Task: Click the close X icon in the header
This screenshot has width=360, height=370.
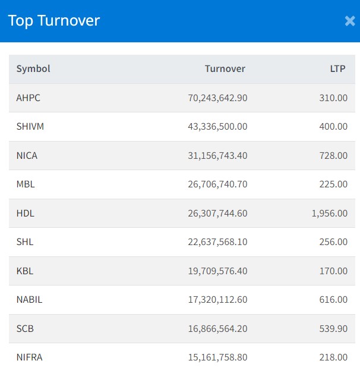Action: [x=349, y=21]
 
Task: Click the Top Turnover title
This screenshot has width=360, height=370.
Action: [x=54, y=21]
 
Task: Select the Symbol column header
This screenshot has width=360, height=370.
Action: [x=33, y=69]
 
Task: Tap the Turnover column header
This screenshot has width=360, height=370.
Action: [x=225, y=69]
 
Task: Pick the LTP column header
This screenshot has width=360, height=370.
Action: [x=337, y=69]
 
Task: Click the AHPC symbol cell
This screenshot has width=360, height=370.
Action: [x=29, y=98]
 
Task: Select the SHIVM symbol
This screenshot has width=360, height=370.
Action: [x=30, y=127]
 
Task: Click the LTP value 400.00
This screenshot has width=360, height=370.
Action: [x=333, y=127]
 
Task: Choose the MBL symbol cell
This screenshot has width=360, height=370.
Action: [x=26, y=184]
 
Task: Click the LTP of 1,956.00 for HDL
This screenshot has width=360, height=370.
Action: [x=329, y=213]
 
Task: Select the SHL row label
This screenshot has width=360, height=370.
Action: [x=25, y=242]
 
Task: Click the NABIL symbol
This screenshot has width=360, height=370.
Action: [x=29, y=300]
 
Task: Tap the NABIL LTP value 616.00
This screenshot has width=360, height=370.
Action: [x=333, y=300]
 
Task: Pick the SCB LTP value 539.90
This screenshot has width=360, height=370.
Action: [x=333, y=328]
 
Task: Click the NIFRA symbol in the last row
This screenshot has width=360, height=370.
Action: [x=30, y=358]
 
